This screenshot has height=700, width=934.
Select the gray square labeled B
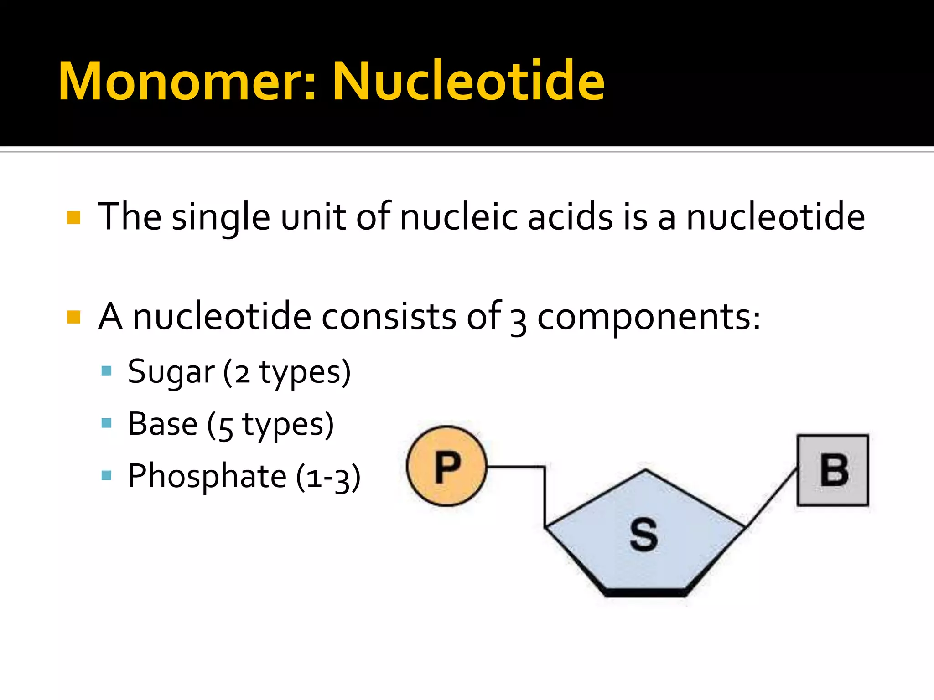(x=833, y=470)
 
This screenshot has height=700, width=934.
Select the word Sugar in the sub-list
(x=171, y=372)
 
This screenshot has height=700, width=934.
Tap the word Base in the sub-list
(x=162, y=424)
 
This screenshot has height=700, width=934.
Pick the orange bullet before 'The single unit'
(x=73, y=217)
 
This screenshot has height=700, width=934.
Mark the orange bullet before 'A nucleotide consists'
(x=73, y=317)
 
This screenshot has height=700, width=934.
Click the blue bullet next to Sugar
(x=107, y=371)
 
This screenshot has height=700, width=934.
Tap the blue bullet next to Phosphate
(x=107, y=476)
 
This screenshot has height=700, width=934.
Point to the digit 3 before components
(x=519, y=321)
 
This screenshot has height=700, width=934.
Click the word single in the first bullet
(x=221, y=218)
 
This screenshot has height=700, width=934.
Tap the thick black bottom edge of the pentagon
(x=645, y=592)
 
